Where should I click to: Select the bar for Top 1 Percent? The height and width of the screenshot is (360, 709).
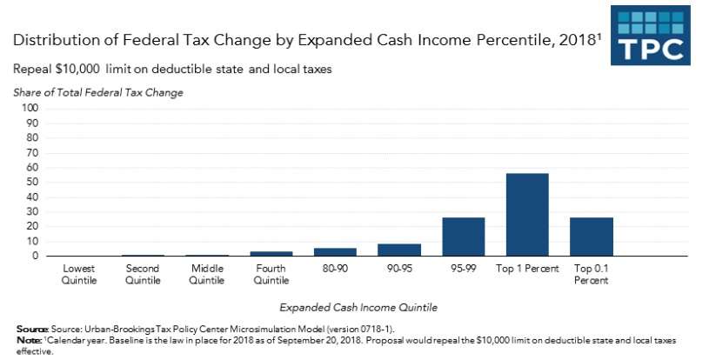(527, 215)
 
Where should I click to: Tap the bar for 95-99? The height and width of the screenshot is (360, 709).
(463, 237)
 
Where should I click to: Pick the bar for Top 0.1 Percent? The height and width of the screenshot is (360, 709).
(592, 237)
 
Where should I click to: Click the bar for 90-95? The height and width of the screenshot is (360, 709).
(399, 250)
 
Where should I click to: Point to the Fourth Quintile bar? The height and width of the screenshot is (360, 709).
(271, 254)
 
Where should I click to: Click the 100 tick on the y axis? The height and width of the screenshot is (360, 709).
(30, 108)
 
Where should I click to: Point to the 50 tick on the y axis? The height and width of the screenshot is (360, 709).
(33, 182)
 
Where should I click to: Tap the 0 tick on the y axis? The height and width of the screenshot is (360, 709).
(36, 257)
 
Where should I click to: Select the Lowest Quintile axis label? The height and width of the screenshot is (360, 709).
(78, 274)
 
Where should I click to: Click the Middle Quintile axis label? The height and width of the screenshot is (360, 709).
(207, 274)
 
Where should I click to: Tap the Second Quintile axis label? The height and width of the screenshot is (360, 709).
(143, 274)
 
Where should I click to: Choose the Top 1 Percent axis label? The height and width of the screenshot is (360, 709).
(527, 269)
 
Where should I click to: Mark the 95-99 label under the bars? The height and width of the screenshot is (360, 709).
(463, 269)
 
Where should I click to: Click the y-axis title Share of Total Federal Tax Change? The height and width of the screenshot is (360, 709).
(97, 92)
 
